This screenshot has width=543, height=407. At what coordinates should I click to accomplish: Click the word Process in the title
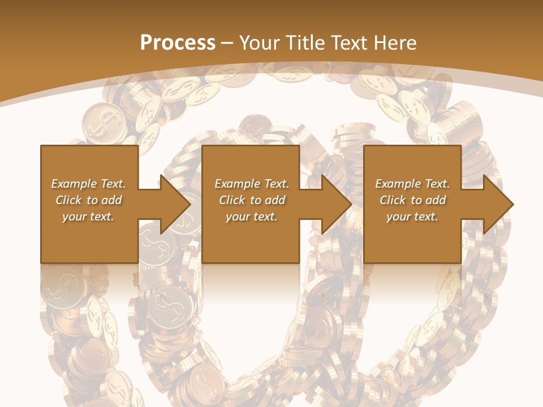[x=178, y=42]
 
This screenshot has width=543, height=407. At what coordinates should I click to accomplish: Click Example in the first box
[x=70, y=184]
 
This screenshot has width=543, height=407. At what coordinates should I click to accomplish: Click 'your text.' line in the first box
[x=88, y=217]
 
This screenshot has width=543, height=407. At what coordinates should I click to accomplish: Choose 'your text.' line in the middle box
[x=252, y=217]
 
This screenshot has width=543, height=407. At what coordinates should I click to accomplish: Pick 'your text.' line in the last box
[x=412, y=217]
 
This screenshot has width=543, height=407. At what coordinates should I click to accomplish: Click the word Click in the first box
[x=68, y=200]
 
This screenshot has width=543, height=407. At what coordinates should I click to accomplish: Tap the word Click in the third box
[x=393, y=200]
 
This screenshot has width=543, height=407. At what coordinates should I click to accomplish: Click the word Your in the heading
[x=257, y=42]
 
